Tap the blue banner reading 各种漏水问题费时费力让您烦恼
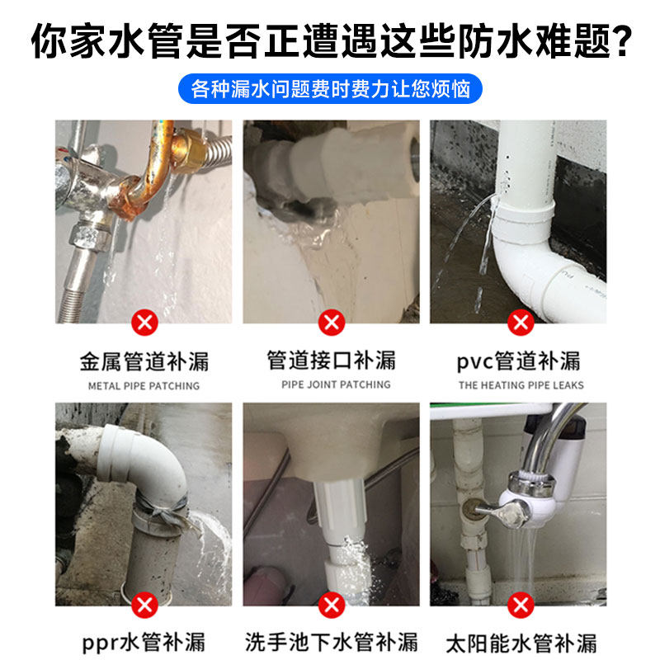point(330,88)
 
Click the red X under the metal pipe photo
point(144,321)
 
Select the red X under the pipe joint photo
point(332,321)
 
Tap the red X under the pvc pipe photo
point(520,321)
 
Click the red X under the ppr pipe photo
point(144,606)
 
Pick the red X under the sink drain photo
point(332,606)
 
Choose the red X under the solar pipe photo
point(520,606)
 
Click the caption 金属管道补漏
point(144,361)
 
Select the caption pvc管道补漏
point(520,361)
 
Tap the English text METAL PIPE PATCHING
point(144,385)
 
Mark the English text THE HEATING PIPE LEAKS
point(521,385)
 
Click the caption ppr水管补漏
point(144,641)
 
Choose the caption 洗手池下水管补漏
point(332,641)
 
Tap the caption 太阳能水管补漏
point(520,641)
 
